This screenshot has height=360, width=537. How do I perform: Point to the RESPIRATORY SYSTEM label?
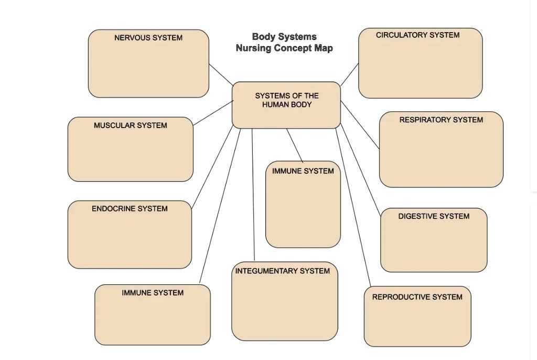[x=441, y=120]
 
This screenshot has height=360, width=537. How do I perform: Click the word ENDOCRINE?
[x=113, y=208]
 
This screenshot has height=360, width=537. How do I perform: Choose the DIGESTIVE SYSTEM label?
[x=434, y=216]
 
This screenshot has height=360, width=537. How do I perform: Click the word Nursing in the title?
[x=254, y=48]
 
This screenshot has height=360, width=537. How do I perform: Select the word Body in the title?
[x=264, y=37]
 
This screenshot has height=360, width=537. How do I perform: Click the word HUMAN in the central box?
[x=275, y=104]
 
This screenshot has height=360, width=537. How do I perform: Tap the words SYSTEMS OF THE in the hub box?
[x=287, y=96]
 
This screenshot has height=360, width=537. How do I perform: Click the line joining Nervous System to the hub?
[x=221, y=75]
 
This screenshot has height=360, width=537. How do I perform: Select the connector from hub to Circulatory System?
[x=350, y=75]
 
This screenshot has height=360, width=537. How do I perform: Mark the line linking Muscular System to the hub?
[x=213, y=113]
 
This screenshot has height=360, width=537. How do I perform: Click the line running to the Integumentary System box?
[x=253, y=194]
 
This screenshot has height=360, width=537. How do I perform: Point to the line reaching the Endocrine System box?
[x=212, y=167]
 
